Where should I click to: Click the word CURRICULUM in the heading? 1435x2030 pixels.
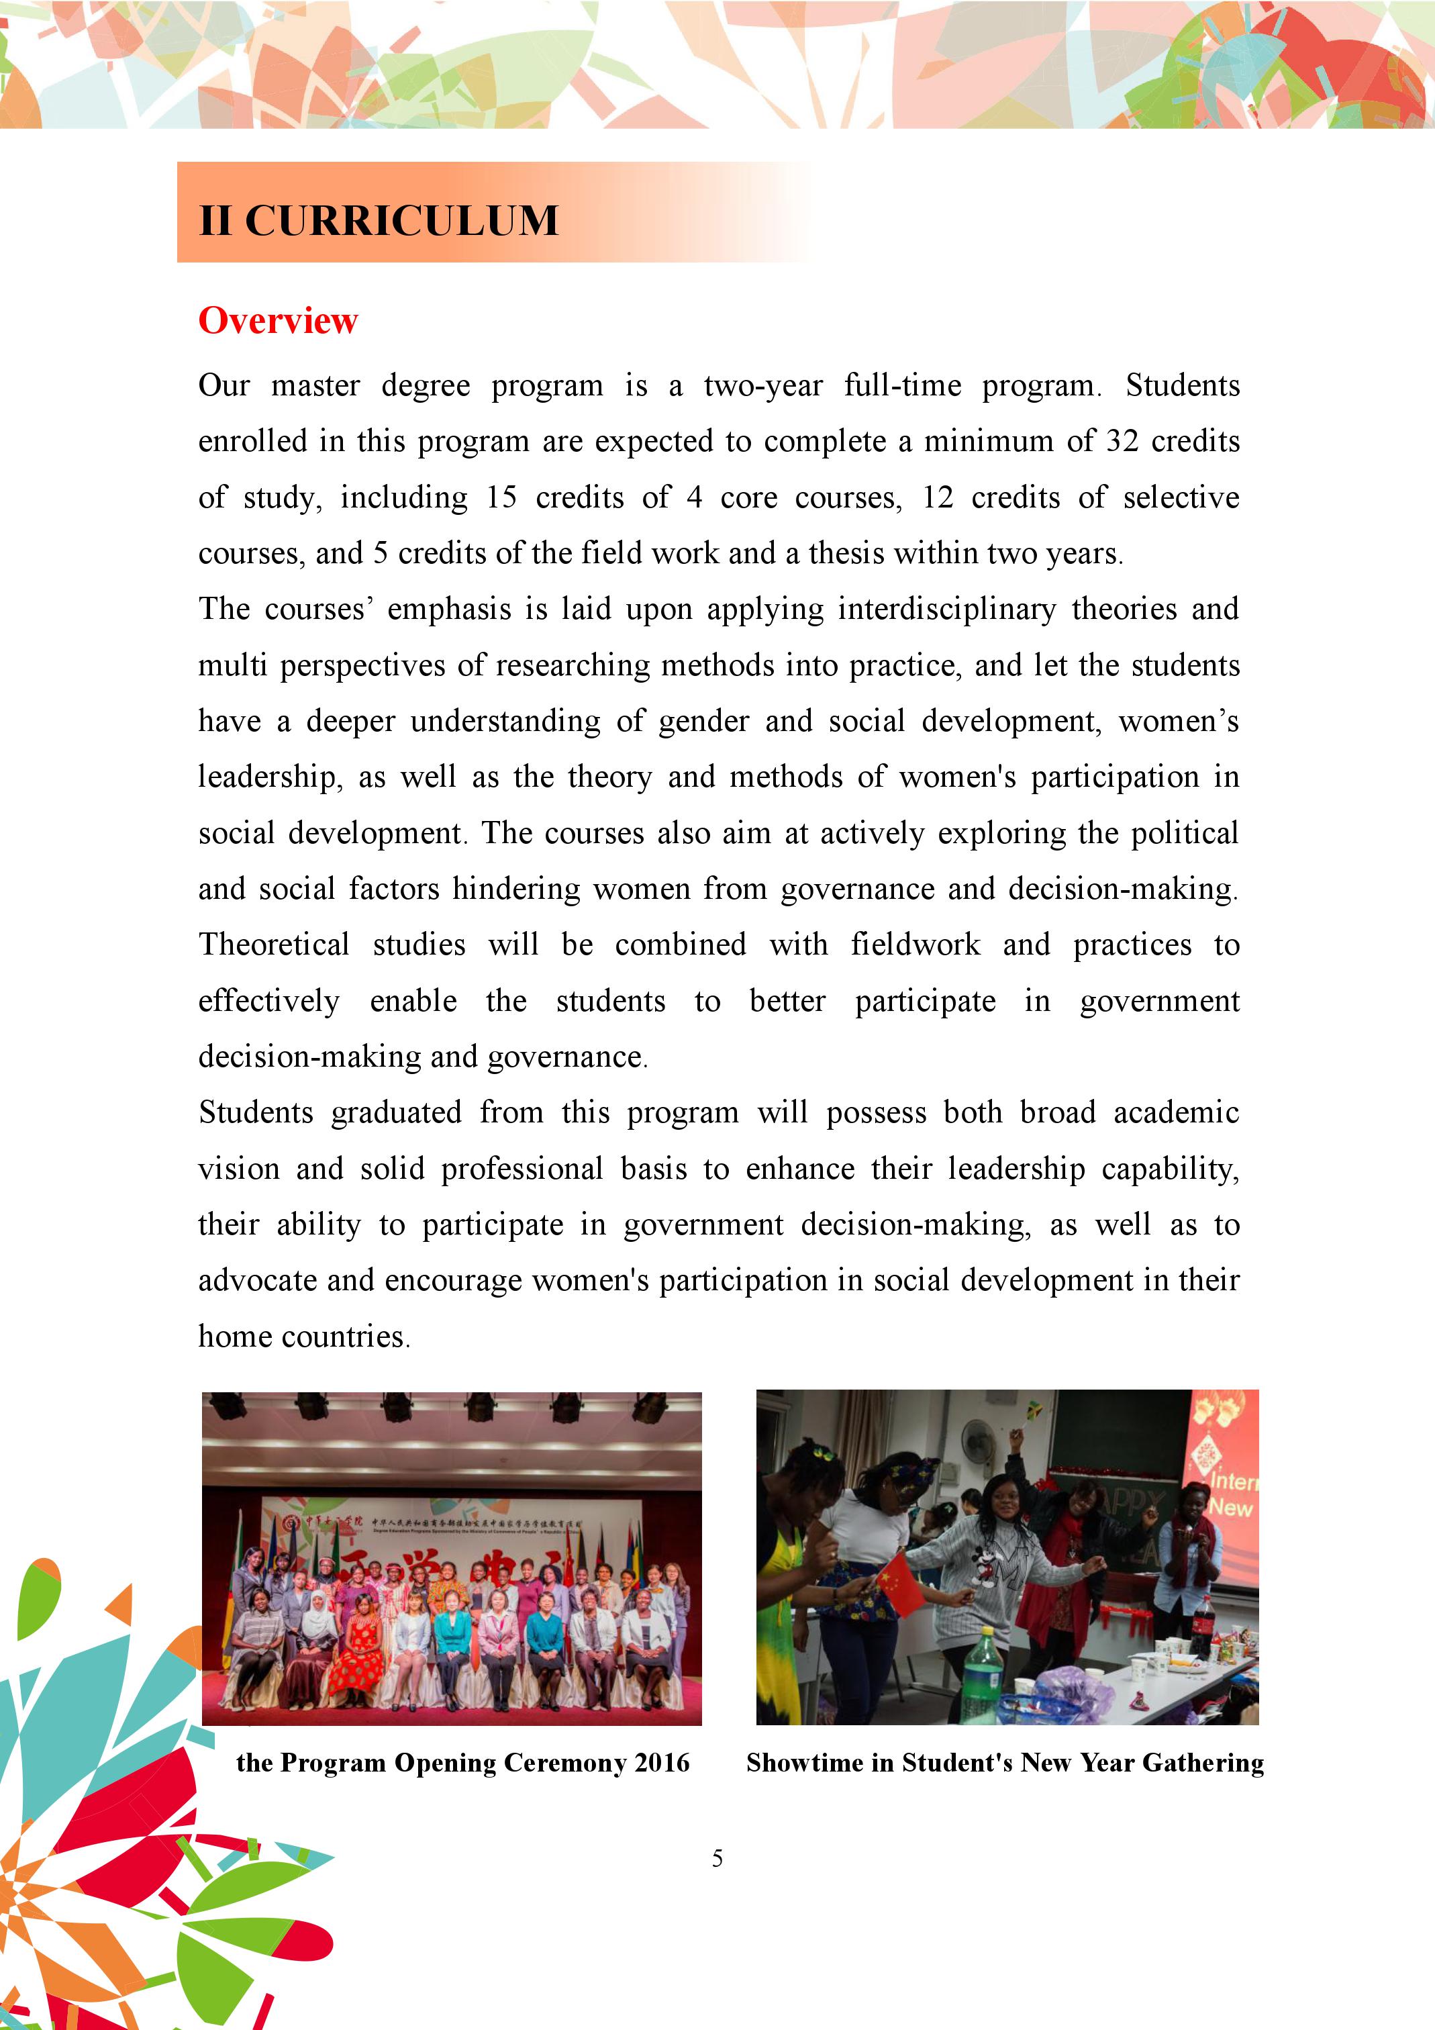click(x=401, y=221)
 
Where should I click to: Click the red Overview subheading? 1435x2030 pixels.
click(x=278, y=321)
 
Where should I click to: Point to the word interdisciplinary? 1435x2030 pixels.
click(x=947, y=609)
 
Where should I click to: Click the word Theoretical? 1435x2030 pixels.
click(x=274, y=945)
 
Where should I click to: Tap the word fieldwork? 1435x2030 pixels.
click(x=915, y=945)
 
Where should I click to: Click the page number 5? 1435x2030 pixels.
click(x=717, y=1857)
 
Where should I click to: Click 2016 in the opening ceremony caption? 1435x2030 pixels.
click(x=661, y=1762)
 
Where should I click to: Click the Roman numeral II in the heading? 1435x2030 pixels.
click(x=215, y=221)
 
